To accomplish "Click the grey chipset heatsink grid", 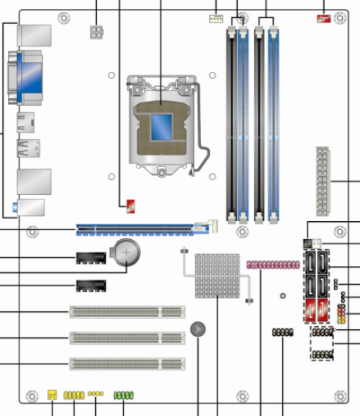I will (217, 275).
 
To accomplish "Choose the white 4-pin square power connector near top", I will (97, 31).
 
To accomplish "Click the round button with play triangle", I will (198, 329).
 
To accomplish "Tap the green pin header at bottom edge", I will (123, 394).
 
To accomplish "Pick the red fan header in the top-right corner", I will (325, 16).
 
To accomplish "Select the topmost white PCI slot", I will (127, 311).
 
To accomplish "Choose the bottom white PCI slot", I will (127, 364).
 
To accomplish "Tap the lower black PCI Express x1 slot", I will (91, 286).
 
